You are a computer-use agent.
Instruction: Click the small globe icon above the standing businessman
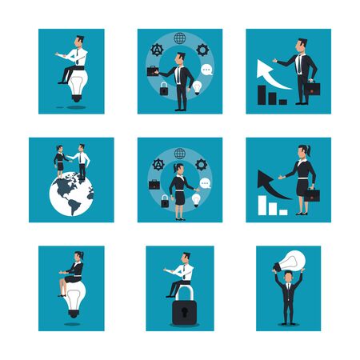click(x=179, y=38)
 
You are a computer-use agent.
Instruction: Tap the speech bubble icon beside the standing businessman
click(x=206, y=70)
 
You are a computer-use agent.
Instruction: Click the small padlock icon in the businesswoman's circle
click(x=163, y=200)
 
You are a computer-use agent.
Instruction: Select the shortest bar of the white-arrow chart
click(x=285, y=101)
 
